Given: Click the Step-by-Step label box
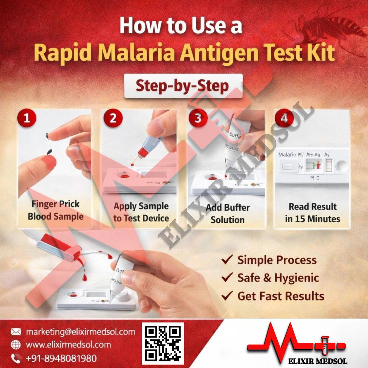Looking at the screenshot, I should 183,86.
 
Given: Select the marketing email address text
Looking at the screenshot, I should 80,332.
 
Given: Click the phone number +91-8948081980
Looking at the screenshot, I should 61,358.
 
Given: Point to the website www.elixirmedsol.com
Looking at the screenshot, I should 68,345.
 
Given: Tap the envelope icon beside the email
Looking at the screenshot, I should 16,332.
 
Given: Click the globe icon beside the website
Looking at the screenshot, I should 16,345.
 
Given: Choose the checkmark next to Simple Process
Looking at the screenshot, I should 227,260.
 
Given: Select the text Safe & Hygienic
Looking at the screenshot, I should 278,278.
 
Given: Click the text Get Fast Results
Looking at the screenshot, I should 281,296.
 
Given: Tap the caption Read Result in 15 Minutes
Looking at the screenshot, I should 312,213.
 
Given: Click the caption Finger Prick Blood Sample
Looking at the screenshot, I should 56,210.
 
